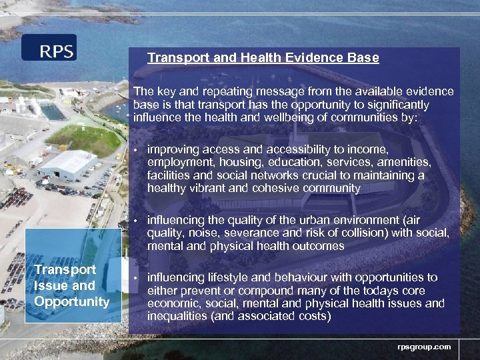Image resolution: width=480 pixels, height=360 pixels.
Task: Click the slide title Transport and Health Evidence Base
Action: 263,58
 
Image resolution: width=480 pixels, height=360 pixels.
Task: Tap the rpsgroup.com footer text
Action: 424,347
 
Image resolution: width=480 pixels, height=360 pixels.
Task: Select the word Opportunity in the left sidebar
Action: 71,301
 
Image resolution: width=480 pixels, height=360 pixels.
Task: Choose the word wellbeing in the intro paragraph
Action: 304,118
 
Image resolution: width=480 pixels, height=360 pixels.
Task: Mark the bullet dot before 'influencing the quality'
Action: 135,221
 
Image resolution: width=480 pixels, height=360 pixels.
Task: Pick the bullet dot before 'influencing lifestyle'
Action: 135,278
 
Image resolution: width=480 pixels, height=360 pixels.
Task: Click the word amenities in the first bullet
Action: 399,163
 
